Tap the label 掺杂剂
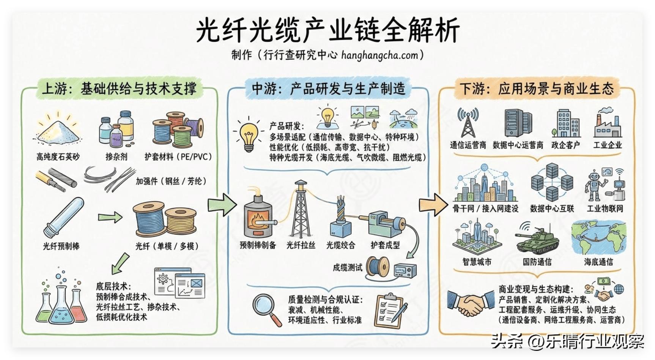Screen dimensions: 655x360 coord(116,156)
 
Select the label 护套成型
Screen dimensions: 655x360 coord(385,245)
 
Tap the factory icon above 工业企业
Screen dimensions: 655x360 coord(608,122)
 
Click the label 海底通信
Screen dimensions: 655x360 coord(598,262)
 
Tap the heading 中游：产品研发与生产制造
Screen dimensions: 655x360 coord(328,88)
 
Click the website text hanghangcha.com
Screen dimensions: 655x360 coord(379,55)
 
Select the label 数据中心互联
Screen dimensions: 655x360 coord(552,208)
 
